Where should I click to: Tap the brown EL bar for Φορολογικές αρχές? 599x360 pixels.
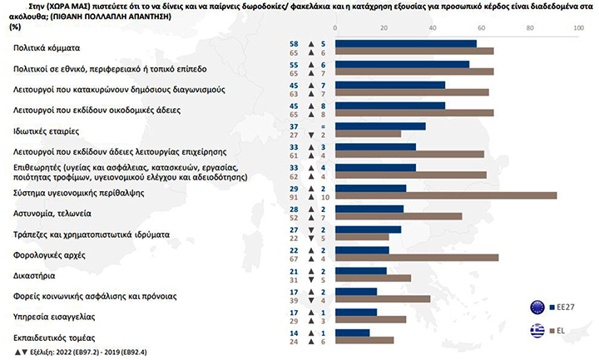coord(416,258)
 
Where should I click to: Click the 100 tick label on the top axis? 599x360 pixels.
coord(577,28)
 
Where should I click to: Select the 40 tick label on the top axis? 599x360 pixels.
coord(432,28)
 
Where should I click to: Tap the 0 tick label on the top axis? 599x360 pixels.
coord(335,28)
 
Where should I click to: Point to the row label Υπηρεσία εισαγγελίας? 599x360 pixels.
coord(54,315)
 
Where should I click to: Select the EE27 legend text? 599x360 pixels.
coord(565,307)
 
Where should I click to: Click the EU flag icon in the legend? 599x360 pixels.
coord(537,307)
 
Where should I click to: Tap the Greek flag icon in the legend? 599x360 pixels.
coord(537,331)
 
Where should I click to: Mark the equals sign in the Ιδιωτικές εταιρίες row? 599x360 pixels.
coord(312,125)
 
